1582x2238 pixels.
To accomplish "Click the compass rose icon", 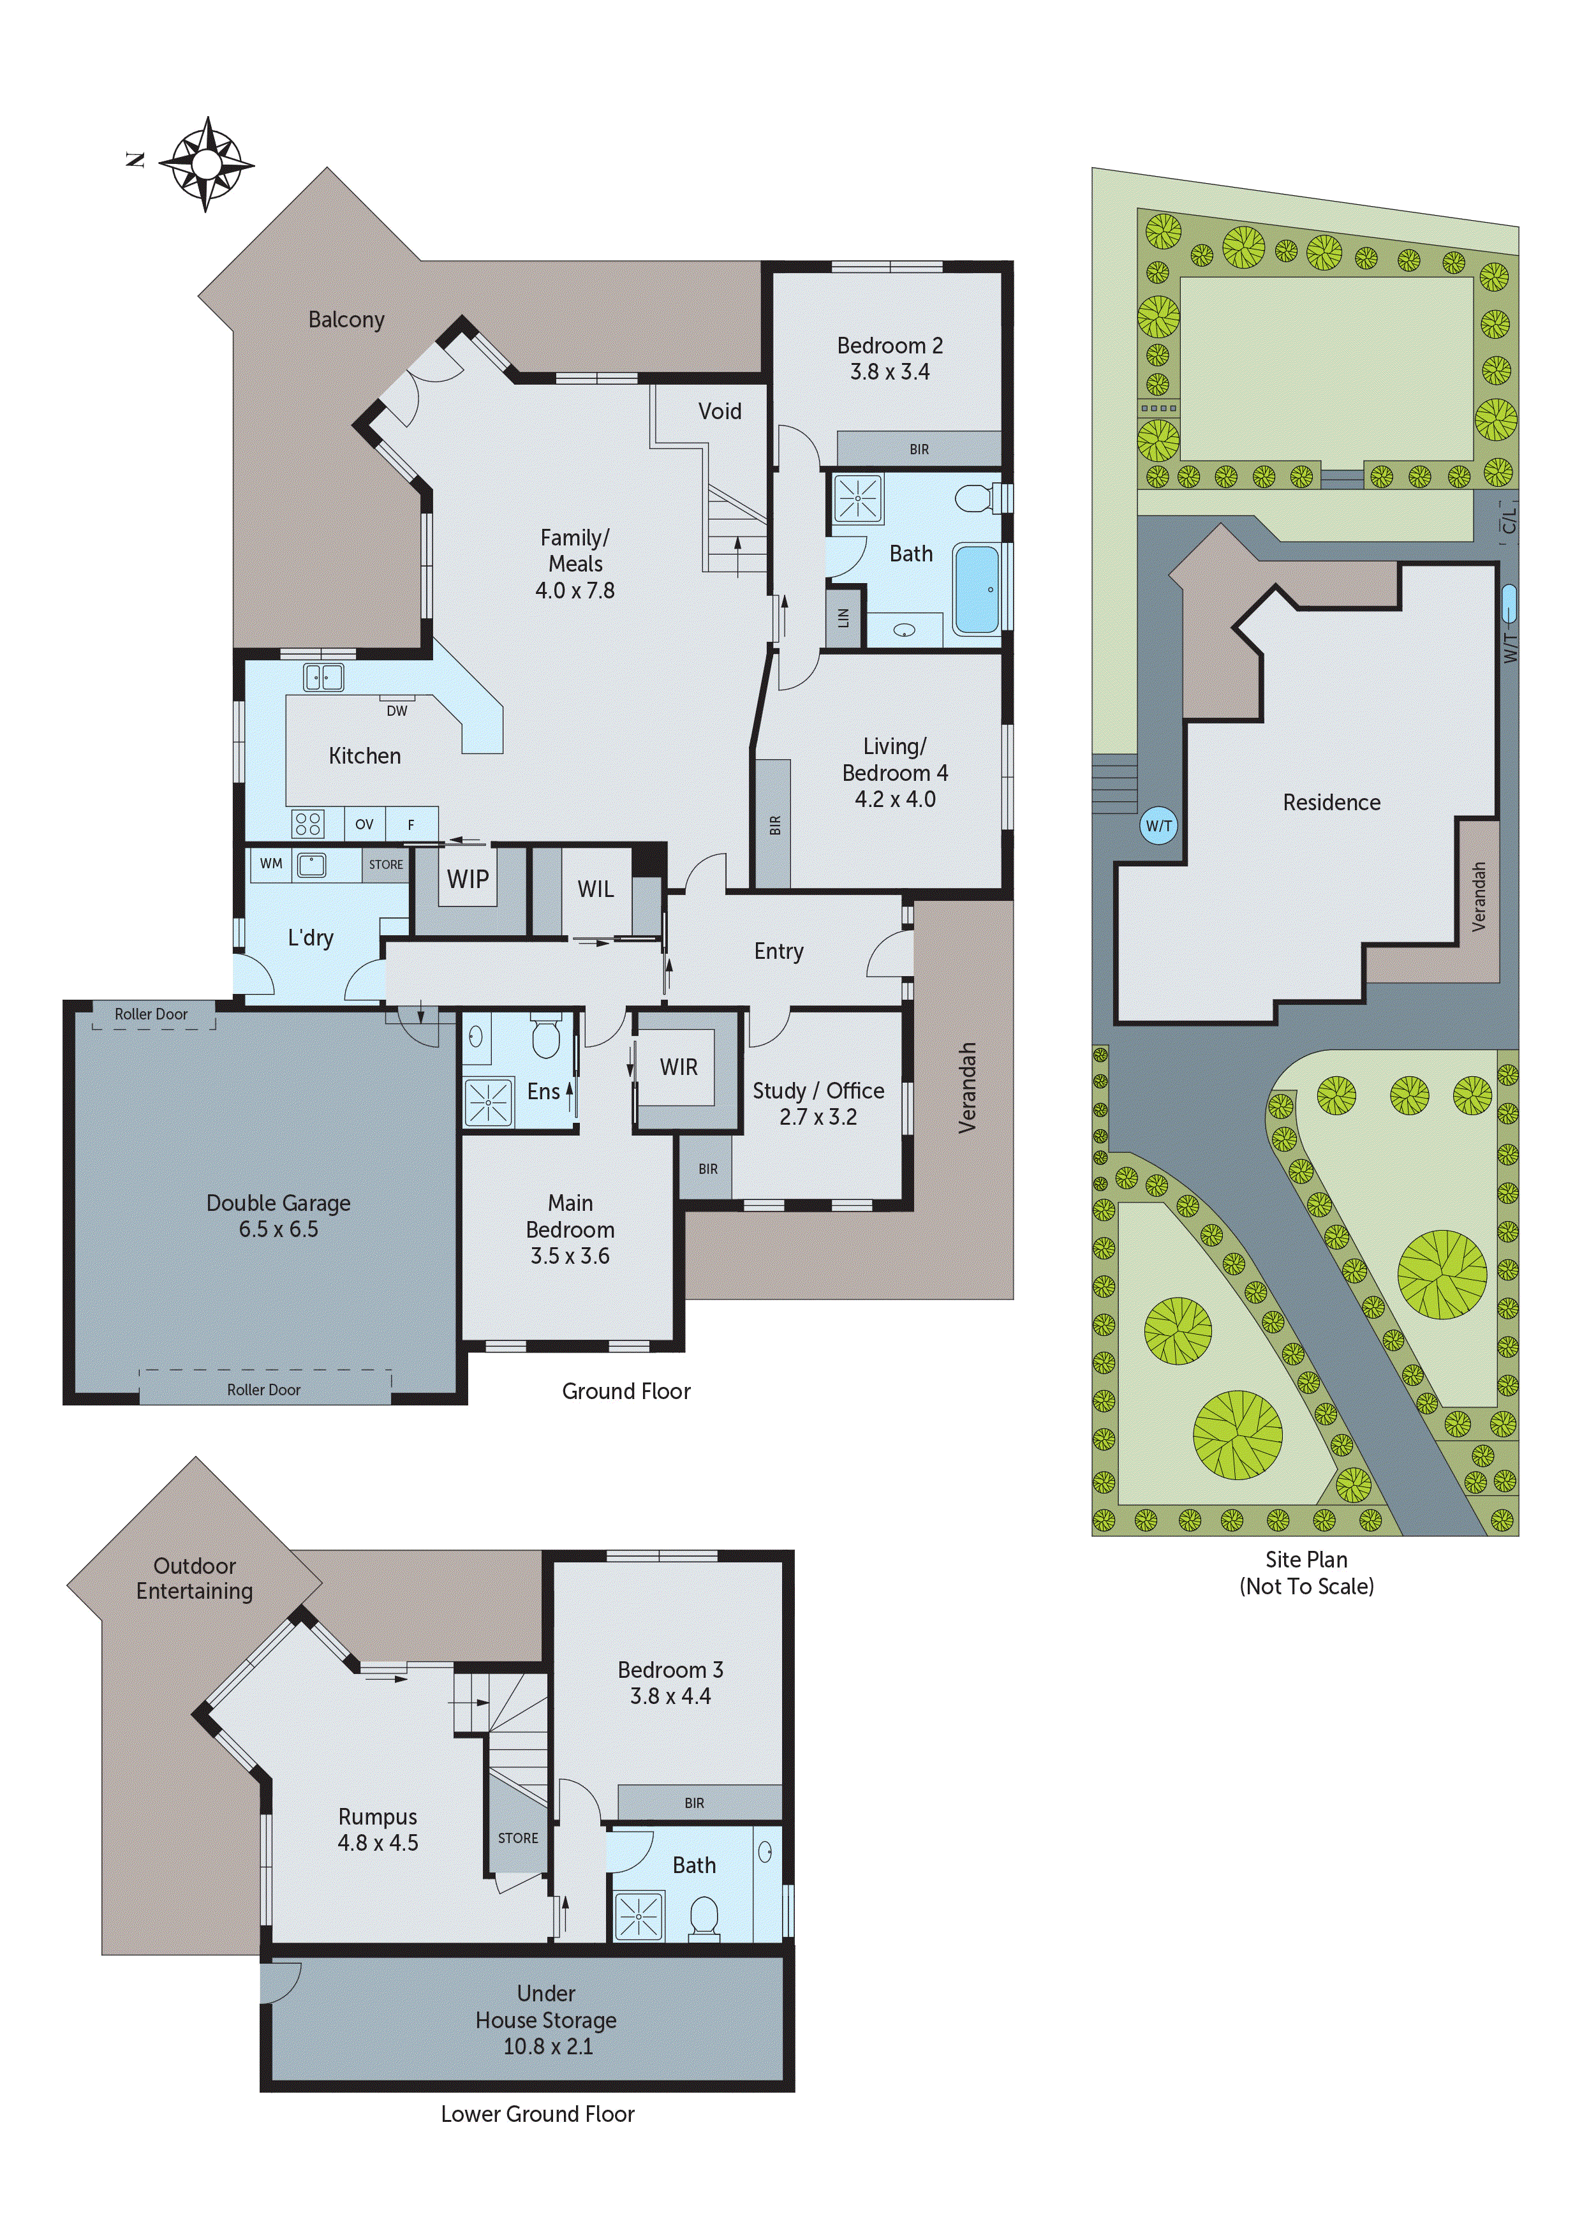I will pyautogui.click(x=205, y=164).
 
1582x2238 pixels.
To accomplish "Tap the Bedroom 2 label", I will pyautogui.click(x=889, y=346).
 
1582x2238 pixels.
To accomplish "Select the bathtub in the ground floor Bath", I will pyautogui.click(x=976, y=589).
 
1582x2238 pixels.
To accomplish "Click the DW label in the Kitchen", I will pyautogui.click(x=397, y=711).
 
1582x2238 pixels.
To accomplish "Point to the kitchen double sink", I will pyautogui.click(x=323, y=676).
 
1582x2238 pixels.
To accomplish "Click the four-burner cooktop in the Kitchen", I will pyautogui.click(x=308, y=824).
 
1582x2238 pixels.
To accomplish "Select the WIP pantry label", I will pyautogui.click(x=468, y=879).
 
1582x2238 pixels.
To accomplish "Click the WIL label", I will pyautogui.click(x=596, y=889).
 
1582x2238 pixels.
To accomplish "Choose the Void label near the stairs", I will pyautogui.click(x=720, y=411).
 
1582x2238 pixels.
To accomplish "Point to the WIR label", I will pyautogui.click(x=679, y=1067).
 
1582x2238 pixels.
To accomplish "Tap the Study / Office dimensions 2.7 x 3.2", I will pyautogui.click(x=818, y=1117).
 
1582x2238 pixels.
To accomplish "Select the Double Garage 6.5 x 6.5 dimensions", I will pyautogui.click(x=279, y=1229).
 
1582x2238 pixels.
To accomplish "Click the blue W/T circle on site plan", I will pyautogui.click(x=1158, y=826).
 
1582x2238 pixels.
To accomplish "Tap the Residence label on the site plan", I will pyautogui.click(x=1331, y=802).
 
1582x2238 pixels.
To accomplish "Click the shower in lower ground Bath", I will pyautogui.click(x=639, y=1916).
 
